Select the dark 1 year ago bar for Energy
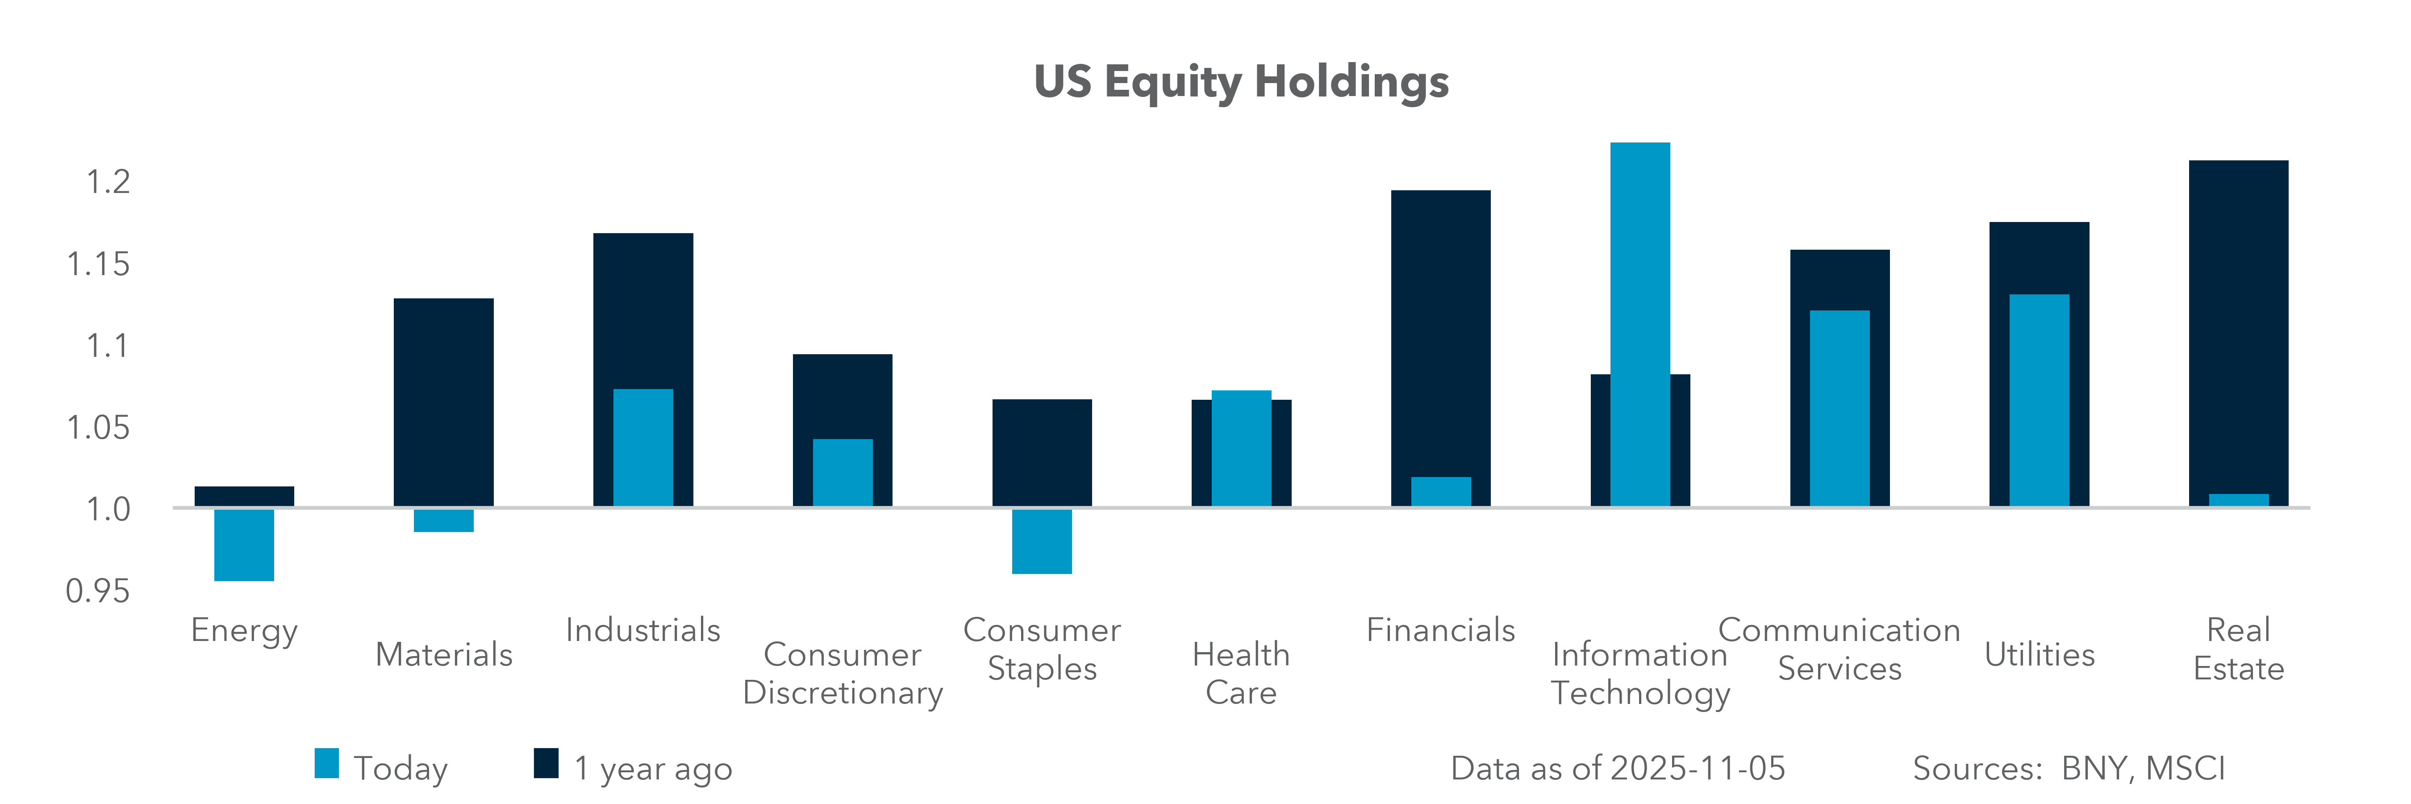click(244, 496)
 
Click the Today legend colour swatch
click(327, 764)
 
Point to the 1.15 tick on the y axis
click(98, 264)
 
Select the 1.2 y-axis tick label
click(108, 182)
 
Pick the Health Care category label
click(1241, 673)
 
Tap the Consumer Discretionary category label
click(843, 673)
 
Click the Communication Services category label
click(1839, 649)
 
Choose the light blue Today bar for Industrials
click(643, 448)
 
